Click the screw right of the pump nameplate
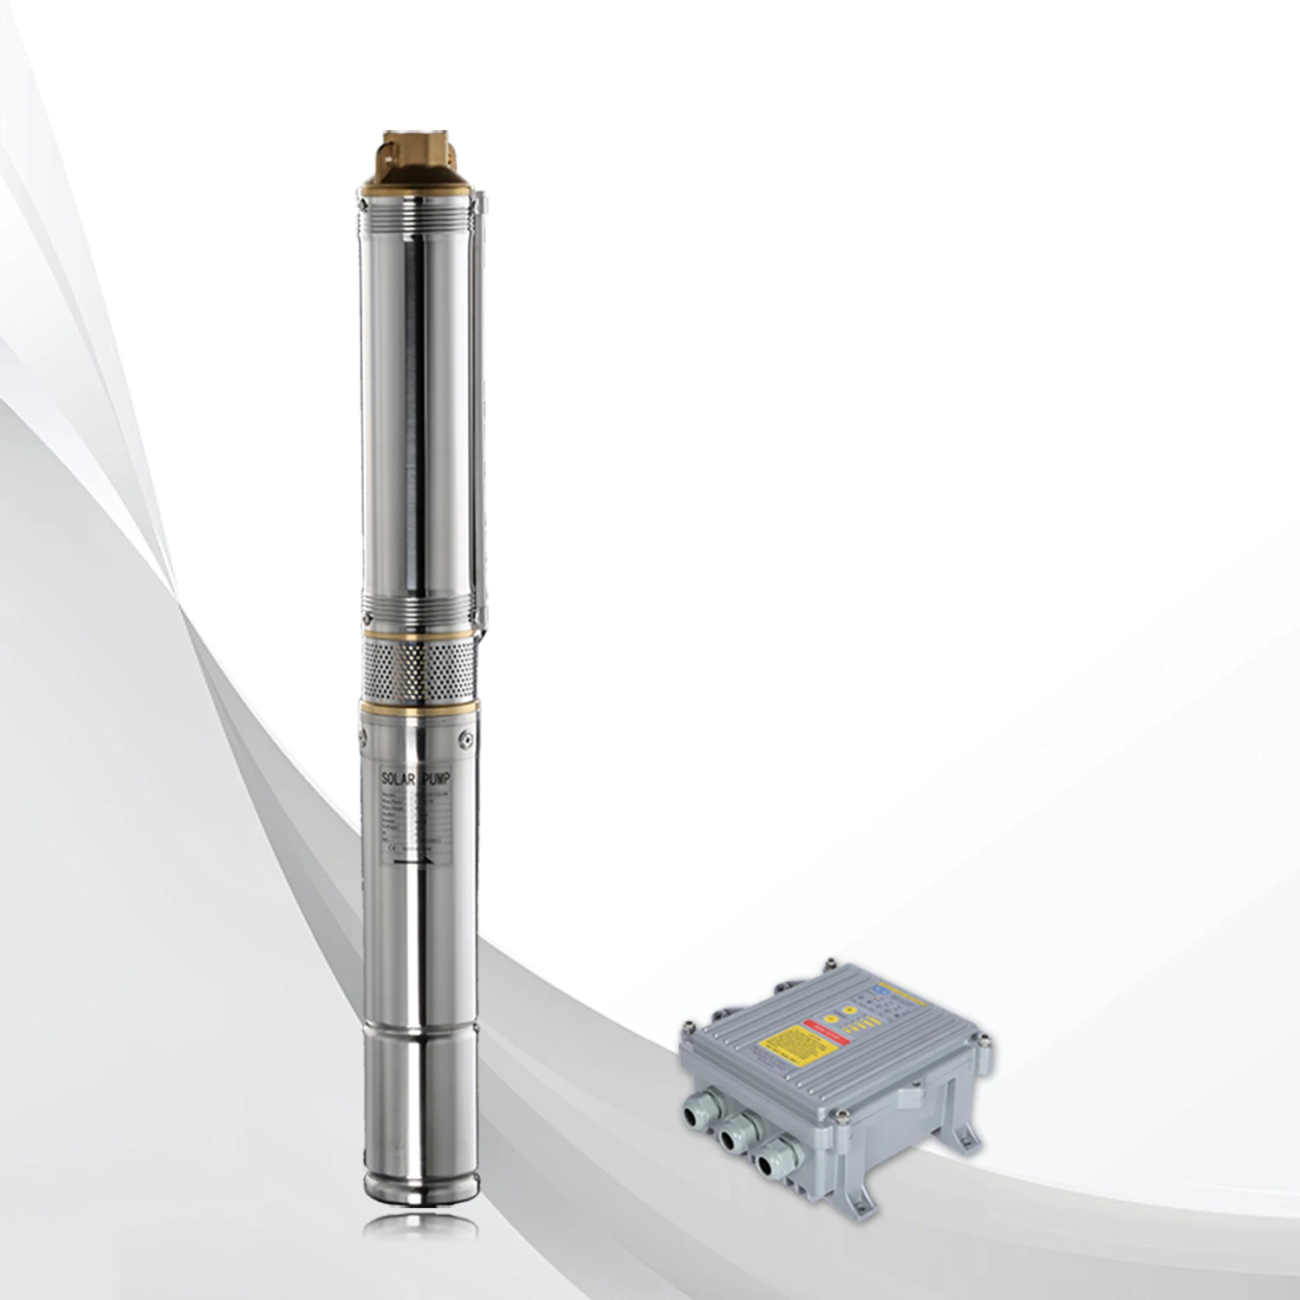coord(465,738)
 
